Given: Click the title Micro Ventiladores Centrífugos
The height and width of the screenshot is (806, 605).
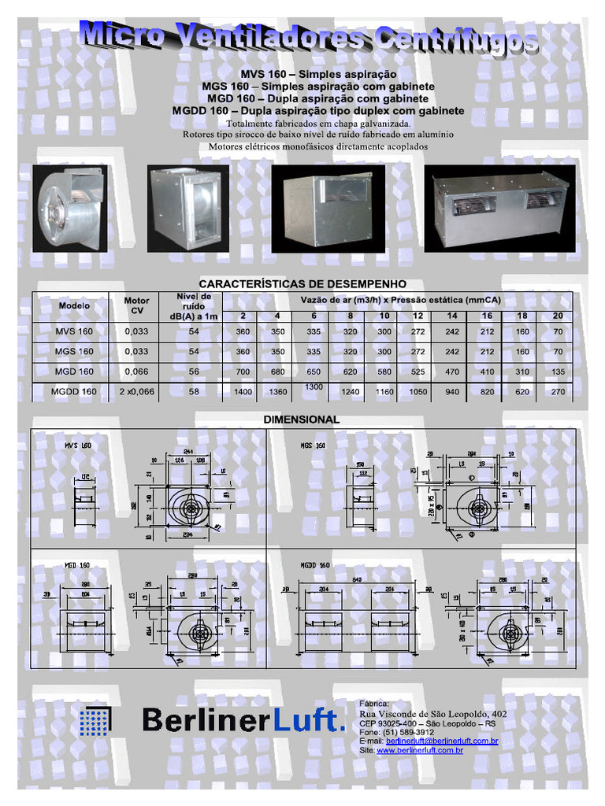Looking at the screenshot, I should tap(309, 38).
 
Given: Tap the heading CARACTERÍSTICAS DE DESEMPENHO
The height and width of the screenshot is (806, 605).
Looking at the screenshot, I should tap(302, 283).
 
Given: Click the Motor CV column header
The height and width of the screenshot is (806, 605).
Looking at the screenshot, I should tap(136, 305).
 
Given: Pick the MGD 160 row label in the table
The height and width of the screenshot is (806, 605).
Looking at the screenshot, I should tap(74, 372).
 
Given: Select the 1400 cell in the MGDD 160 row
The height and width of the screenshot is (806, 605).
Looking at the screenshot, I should tap(243, 391).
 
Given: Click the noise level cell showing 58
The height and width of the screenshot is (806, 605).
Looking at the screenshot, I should tap(194, 391).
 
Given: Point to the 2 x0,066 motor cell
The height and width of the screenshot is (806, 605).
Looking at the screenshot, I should tap(136, 391).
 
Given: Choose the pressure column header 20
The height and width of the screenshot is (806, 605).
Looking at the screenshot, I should tap(558, 316).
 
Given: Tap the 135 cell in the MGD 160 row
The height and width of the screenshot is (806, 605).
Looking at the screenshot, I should tap(558, 372).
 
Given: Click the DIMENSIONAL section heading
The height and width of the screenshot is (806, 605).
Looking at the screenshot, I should tap(302, 420).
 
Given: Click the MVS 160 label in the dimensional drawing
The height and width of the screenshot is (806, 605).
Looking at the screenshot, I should tap(78, 446).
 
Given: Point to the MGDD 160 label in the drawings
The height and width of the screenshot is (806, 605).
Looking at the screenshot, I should tap(314, 565).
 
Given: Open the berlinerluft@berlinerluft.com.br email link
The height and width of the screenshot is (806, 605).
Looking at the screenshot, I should tap(442, 741).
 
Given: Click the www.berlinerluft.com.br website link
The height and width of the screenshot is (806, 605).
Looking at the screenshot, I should tap(420, 751).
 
